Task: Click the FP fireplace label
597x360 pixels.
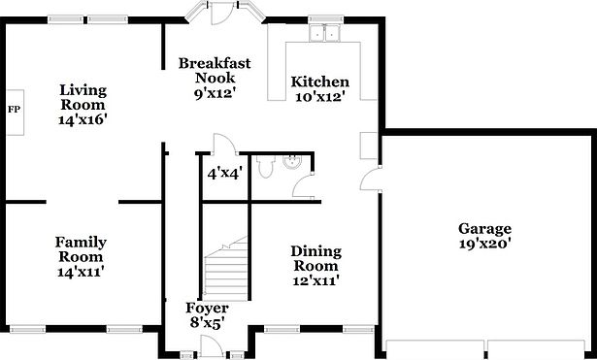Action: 14,108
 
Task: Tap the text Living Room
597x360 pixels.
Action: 83,97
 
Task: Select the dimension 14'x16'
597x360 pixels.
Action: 83,120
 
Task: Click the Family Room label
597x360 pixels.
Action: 81,249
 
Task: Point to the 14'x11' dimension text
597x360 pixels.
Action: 81,273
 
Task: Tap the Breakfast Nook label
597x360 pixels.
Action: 215,71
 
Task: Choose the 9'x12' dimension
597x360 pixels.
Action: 215,94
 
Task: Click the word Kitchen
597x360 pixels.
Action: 320,82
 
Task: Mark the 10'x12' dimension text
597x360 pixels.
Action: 320,98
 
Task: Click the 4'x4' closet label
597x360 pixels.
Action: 224,174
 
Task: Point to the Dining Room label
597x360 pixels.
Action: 315,258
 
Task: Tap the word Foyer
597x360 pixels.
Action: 207,309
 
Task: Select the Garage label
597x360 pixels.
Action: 484,229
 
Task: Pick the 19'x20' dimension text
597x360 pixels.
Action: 484,245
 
